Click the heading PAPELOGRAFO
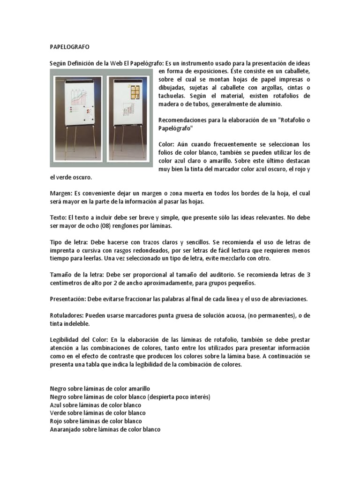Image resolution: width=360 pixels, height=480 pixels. [x=69, y=47]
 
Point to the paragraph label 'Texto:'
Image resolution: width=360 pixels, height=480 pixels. [x=59, y=217]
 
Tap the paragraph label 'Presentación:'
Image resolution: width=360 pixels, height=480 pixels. [x=67, y=299]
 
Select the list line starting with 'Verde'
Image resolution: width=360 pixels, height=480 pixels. [x=97, y=413]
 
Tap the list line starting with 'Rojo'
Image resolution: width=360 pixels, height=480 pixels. [x=96, y=421]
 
